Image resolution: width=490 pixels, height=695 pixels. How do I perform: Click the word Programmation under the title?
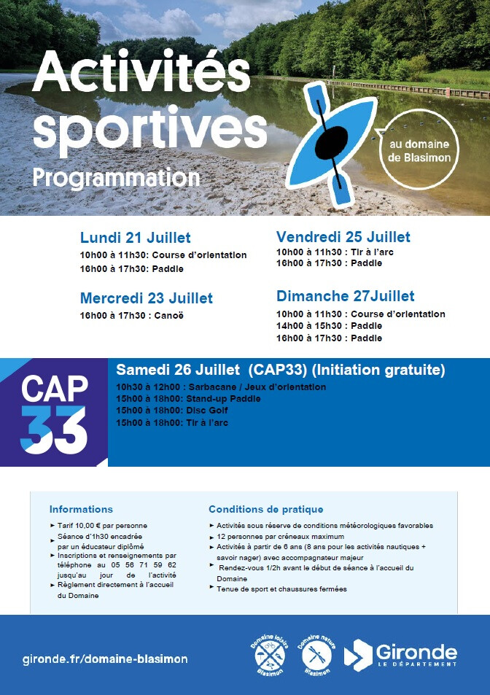pos(116,178)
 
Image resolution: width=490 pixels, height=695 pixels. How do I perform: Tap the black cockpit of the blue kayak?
pos(331,142)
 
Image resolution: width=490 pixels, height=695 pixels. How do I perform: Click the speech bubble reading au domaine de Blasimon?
pos(419,150)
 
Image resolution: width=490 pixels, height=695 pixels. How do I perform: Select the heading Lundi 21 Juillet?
pos(135,238)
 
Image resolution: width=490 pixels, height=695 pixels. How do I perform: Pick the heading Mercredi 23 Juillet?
pos(147,298)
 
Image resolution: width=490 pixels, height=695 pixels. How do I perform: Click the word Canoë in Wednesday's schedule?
pos(168,316)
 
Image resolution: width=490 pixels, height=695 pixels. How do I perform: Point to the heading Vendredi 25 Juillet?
pos(343,237)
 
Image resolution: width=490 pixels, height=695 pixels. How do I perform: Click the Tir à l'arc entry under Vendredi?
pos(372,252)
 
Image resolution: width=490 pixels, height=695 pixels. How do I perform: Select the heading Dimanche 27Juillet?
pos(346,295)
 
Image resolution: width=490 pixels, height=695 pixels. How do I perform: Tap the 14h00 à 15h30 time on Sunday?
pos(309,326)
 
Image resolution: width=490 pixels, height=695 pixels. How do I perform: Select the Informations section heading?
pos(81,509)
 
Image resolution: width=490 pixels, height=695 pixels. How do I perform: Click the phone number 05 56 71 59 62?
pos(144,565)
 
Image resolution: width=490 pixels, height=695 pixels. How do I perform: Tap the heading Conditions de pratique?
pos(266,509)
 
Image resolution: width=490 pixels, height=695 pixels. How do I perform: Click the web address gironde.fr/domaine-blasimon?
pos(105,659)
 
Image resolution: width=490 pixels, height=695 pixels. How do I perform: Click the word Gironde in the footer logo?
pos(416,653)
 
